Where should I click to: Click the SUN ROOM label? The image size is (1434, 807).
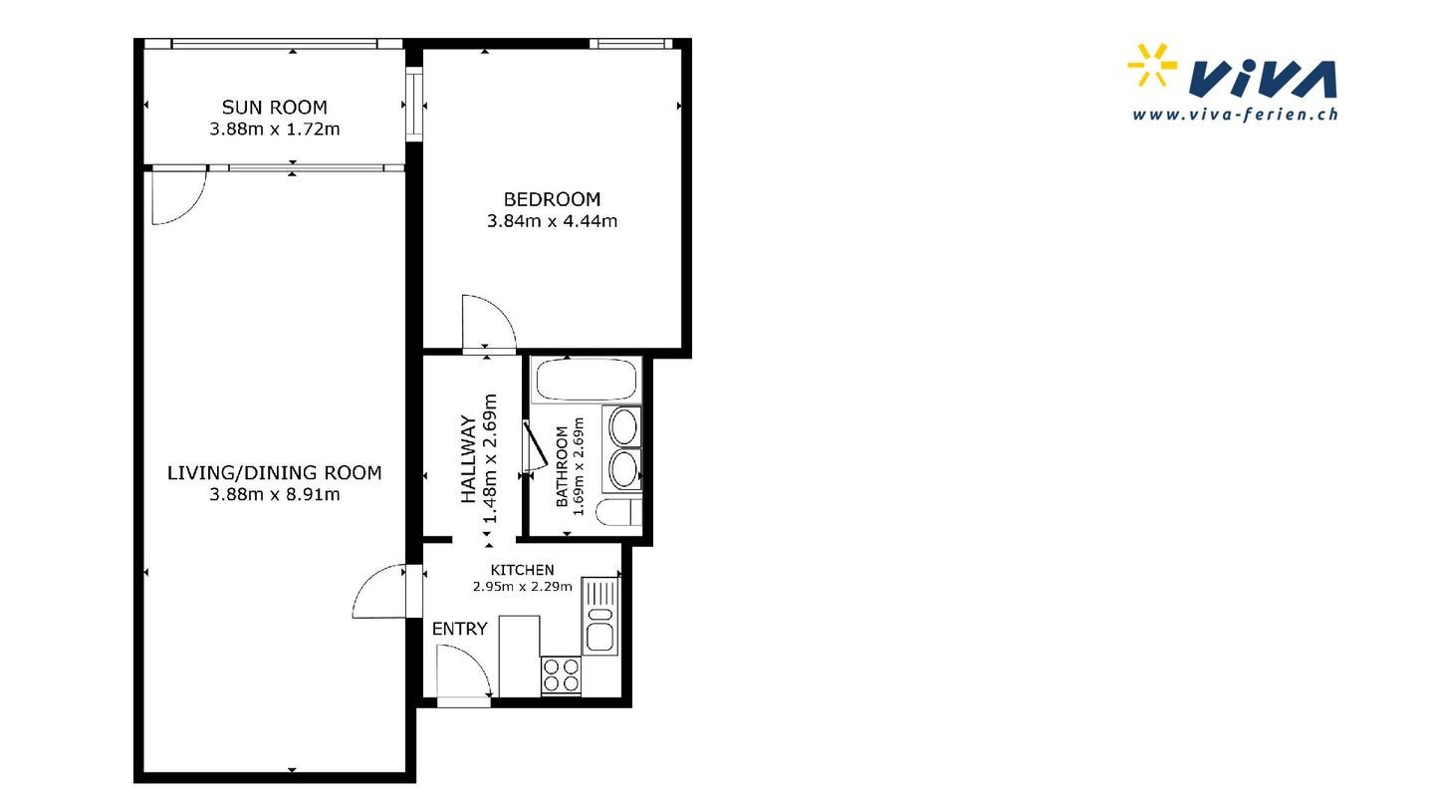274,107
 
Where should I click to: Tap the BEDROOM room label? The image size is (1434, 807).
552,199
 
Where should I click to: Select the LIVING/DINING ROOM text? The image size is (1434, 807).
274,472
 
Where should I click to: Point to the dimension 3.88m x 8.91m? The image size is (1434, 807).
274,494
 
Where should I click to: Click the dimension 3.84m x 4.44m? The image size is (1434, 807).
552,221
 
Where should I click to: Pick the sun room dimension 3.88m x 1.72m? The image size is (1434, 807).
274,129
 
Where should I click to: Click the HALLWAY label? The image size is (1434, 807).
469,460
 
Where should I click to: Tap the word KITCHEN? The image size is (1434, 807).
523,570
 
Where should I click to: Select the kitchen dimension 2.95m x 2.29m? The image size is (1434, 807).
523,586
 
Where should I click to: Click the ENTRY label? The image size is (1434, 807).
460,629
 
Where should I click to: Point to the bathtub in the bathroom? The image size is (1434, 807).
587,381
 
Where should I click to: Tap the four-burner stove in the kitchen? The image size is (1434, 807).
561,675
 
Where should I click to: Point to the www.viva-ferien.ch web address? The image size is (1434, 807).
1235,114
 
